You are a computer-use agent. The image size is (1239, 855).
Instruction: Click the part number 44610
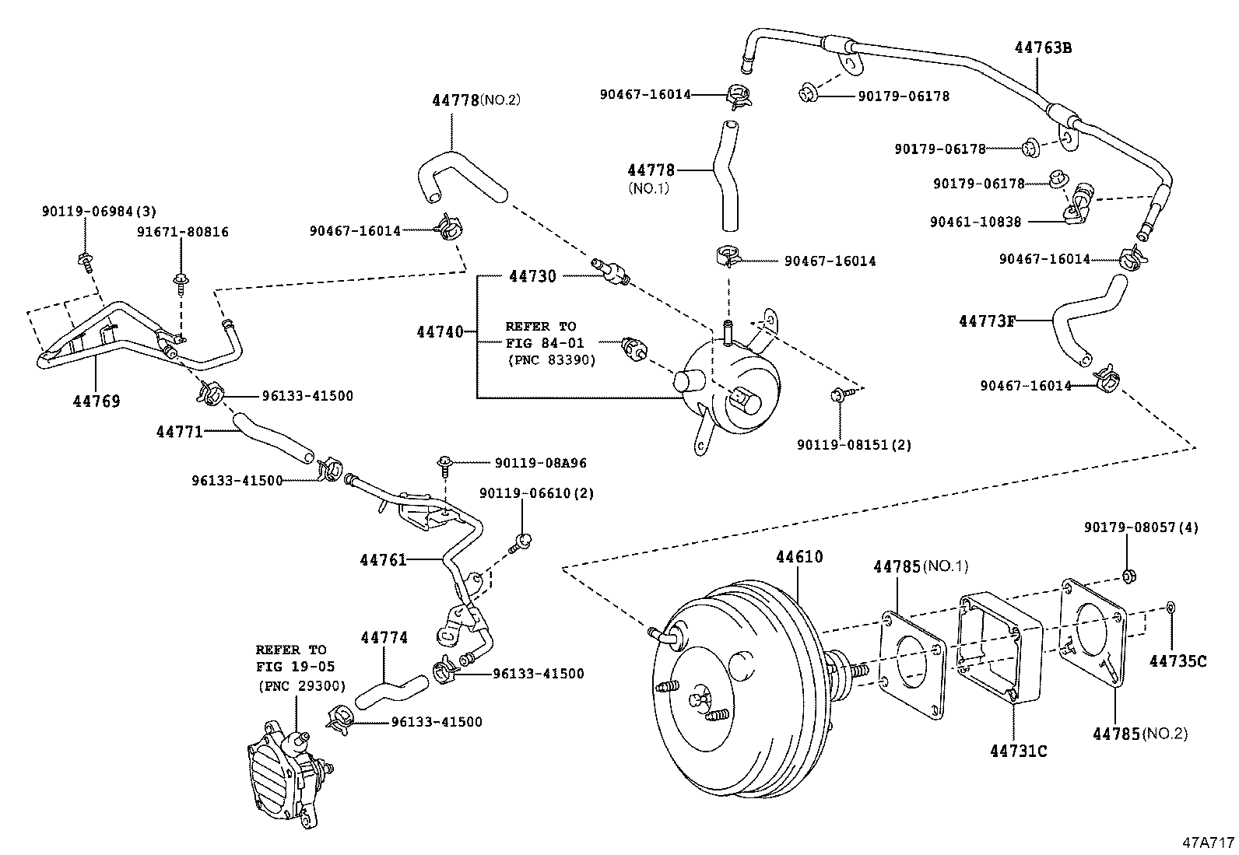tap(799, 557)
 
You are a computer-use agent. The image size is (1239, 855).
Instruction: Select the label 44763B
tap(1043, 47)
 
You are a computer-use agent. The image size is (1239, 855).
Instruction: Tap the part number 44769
tap(97, 401)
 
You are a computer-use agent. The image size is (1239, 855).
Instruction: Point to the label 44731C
tap(1018, 751)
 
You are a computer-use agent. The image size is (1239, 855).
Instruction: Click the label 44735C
tap(1178, 661)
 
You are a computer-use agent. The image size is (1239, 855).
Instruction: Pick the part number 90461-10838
tap(975, 222)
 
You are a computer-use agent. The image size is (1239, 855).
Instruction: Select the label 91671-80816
tap(183, 232)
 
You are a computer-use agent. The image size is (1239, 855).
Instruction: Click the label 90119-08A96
tap(540, 463)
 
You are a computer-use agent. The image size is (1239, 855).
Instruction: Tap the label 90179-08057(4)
tap(1141, 527)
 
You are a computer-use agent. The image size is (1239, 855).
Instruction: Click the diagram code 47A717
tap(1208, 843)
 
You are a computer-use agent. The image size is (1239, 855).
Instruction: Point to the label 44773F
tap(987, 321)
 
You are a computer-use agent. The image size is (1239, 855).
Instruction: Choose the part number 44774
tap(384, 638)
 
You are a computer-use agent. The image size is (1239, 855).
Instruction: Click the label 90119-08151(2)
tap(854, 445)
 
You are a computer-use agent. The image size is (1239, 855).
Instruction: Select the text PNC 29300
tap(300, 686)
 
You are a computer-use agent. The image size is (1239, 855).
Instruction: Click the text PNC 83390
tap(551, 360)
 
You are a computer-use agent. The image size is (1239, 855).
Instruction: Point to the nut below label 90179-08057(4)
tap(1127, 576)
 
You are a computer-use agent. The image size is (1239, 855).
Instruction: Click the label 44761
tap(383, 559)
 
